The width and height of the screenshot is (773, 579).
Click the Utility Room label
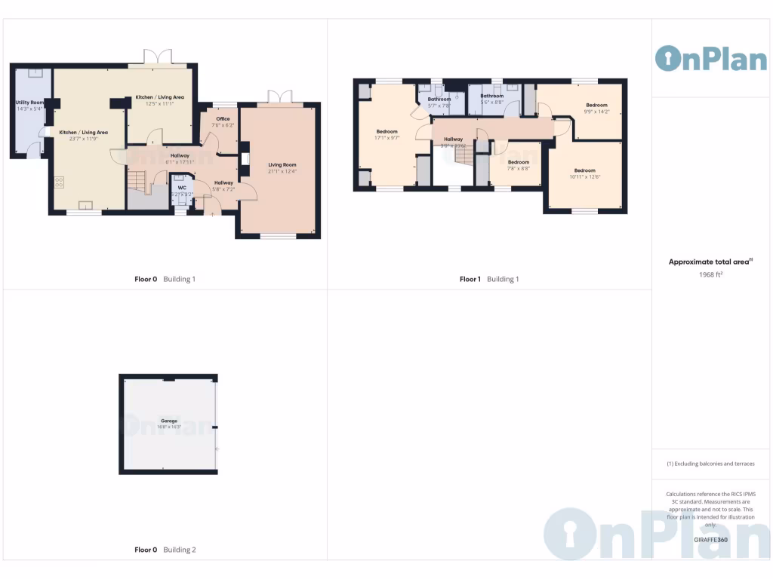[x=30, y=103]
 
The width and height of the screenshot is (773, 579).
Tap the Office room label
[x=223, y=119]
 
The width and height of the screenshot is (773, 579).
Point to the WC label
[x=182, y=188]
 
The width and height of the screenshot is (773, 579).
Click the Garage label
[x=168, y=421]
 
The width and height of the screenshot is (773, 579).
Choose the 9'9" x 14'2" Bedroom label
[x=596, y=106]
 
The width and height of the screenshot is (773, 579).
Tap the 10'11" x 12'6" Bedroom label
[x=584, y=170]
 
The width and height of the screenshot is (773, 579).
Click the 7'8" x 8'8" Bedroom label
[x=518, y=162]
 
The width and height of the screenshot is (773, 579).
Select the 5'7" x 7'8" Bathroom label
[x=439, y=100]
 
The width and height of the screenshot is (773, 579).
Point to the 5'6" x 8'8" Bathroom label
[x=492, y=96]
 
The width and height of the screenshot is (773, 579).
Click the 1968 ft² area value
[x=710, y=275]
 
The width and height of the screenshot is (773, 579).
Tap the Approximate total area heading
[x=710, y=262]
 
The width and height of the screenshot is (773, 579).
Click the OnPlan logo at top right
[x=710, y=59]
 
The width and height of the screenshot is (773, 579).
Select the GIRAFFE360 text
[x=710, y=539]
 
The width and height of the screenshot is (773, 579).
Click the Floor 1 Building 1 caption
[x=489, y=279]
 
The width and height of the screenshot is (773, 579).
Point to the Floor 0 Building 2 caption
[x=165, y=550]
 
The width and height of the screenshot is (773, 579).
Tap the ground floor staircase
[x=137, y=180]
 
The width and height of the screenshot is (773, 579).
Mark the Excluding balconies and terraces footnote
[x=710, y=464]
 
